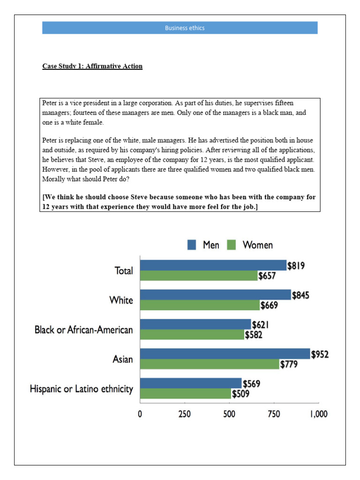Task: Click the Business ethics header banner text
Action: point(184,28)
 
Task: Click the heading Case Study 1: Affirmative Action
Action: point(92,66)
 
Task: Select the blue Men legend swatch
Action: point(192,245)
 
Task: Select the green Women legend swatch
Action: point(231,245)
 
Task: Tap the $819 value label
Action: point(296,266)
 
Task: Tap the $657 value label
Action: point(267,276)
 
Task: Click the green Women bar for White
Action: point(199,305)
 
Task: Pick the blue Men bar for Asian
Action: point(225,354)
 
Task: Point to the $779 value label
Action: point(289,364)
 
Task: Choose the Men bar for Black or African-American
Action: point(195,324)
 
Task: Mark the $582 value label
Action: point(254,335)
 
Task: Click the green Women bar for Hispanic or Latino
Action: point(185,394)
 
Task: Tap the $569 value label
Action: point(251,384)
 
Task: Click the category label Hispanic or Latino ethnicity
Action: point(81,389)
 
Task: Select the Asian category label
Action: point(122,360)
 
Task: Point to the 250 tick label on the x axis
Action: point(184,414)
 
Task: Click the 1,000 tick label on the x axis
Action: point(318,414)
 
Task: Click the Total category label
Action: point(124,270)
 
